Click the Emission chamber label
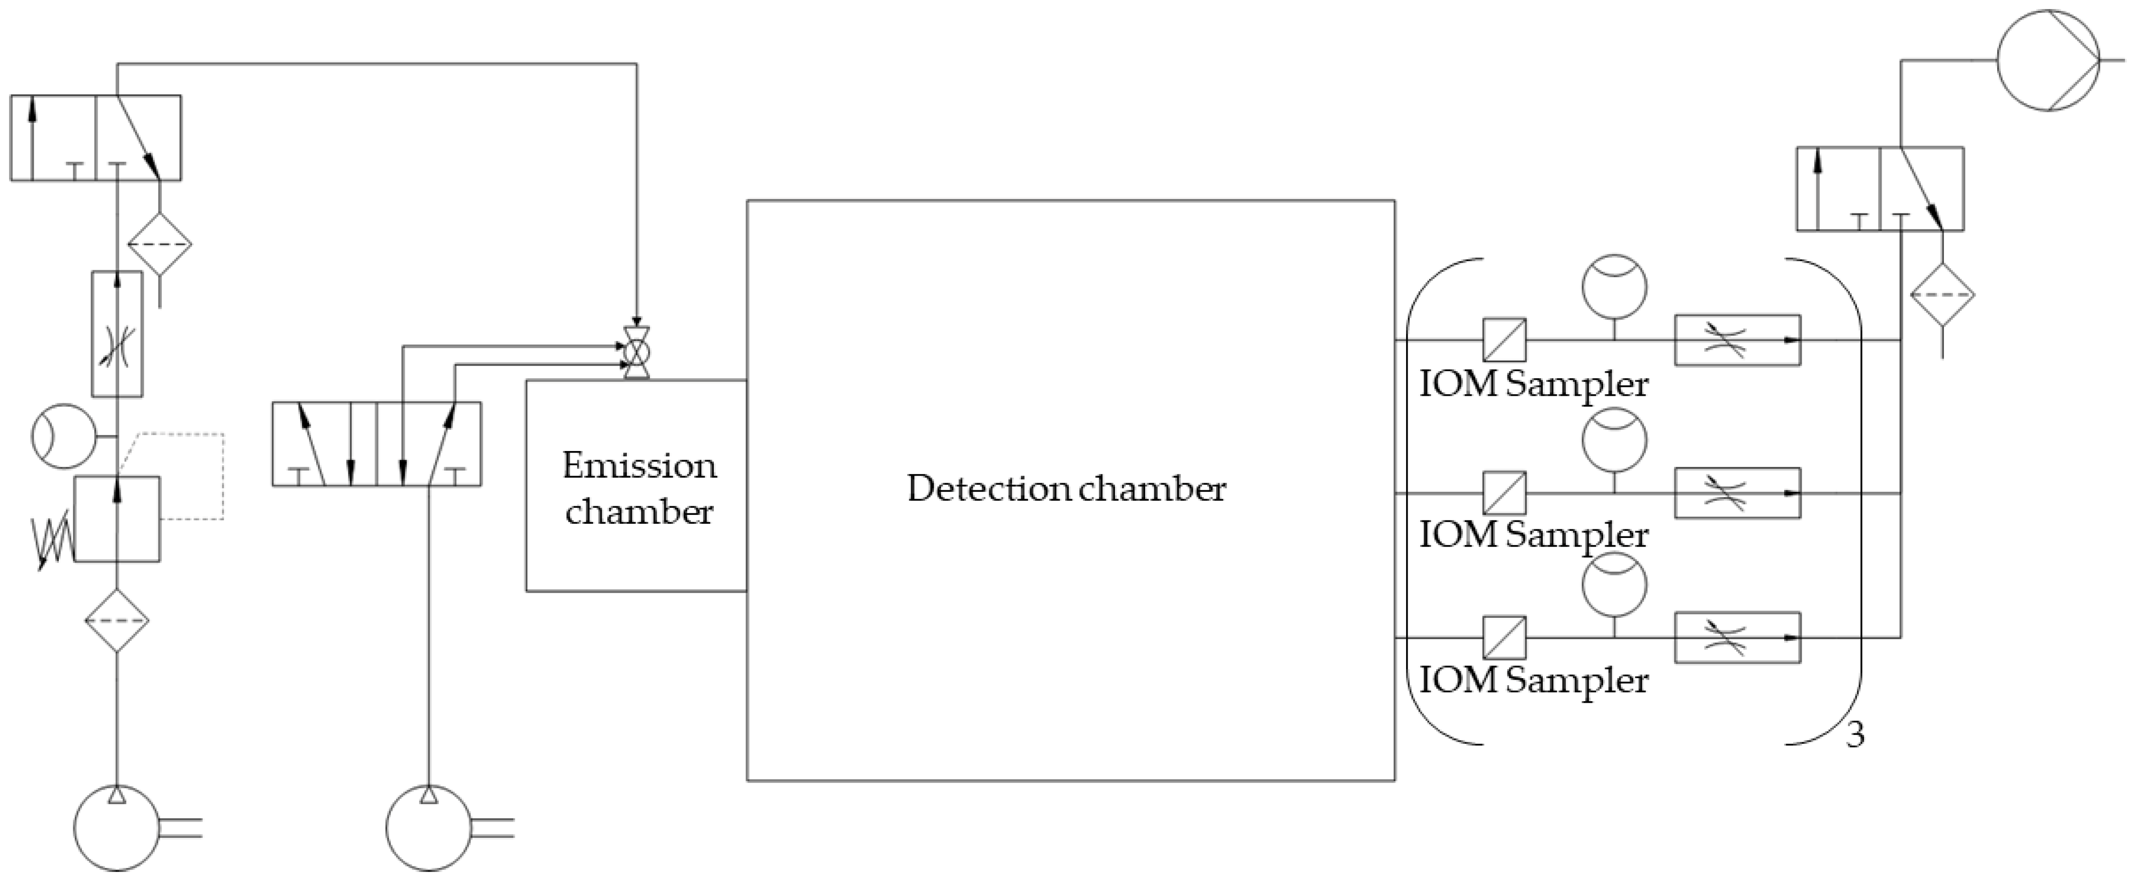coord(638,488)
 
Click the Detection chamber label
coord(1066,489)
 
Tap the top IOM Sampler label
coord(1533,385)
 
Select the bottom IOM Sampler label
coord(1533,681)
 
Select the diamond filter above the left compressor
coord(117,621)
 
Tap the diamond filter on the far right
coord(1942,295)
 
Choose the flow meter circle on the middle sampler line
coord(1614,441)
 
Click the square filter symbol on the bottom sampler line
coord(1505,637)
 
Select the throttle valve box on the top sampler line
coord(1737,340)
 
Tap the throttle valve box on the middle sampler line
coord(1737,494)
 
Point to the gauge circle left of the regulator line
coord(64,436)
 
